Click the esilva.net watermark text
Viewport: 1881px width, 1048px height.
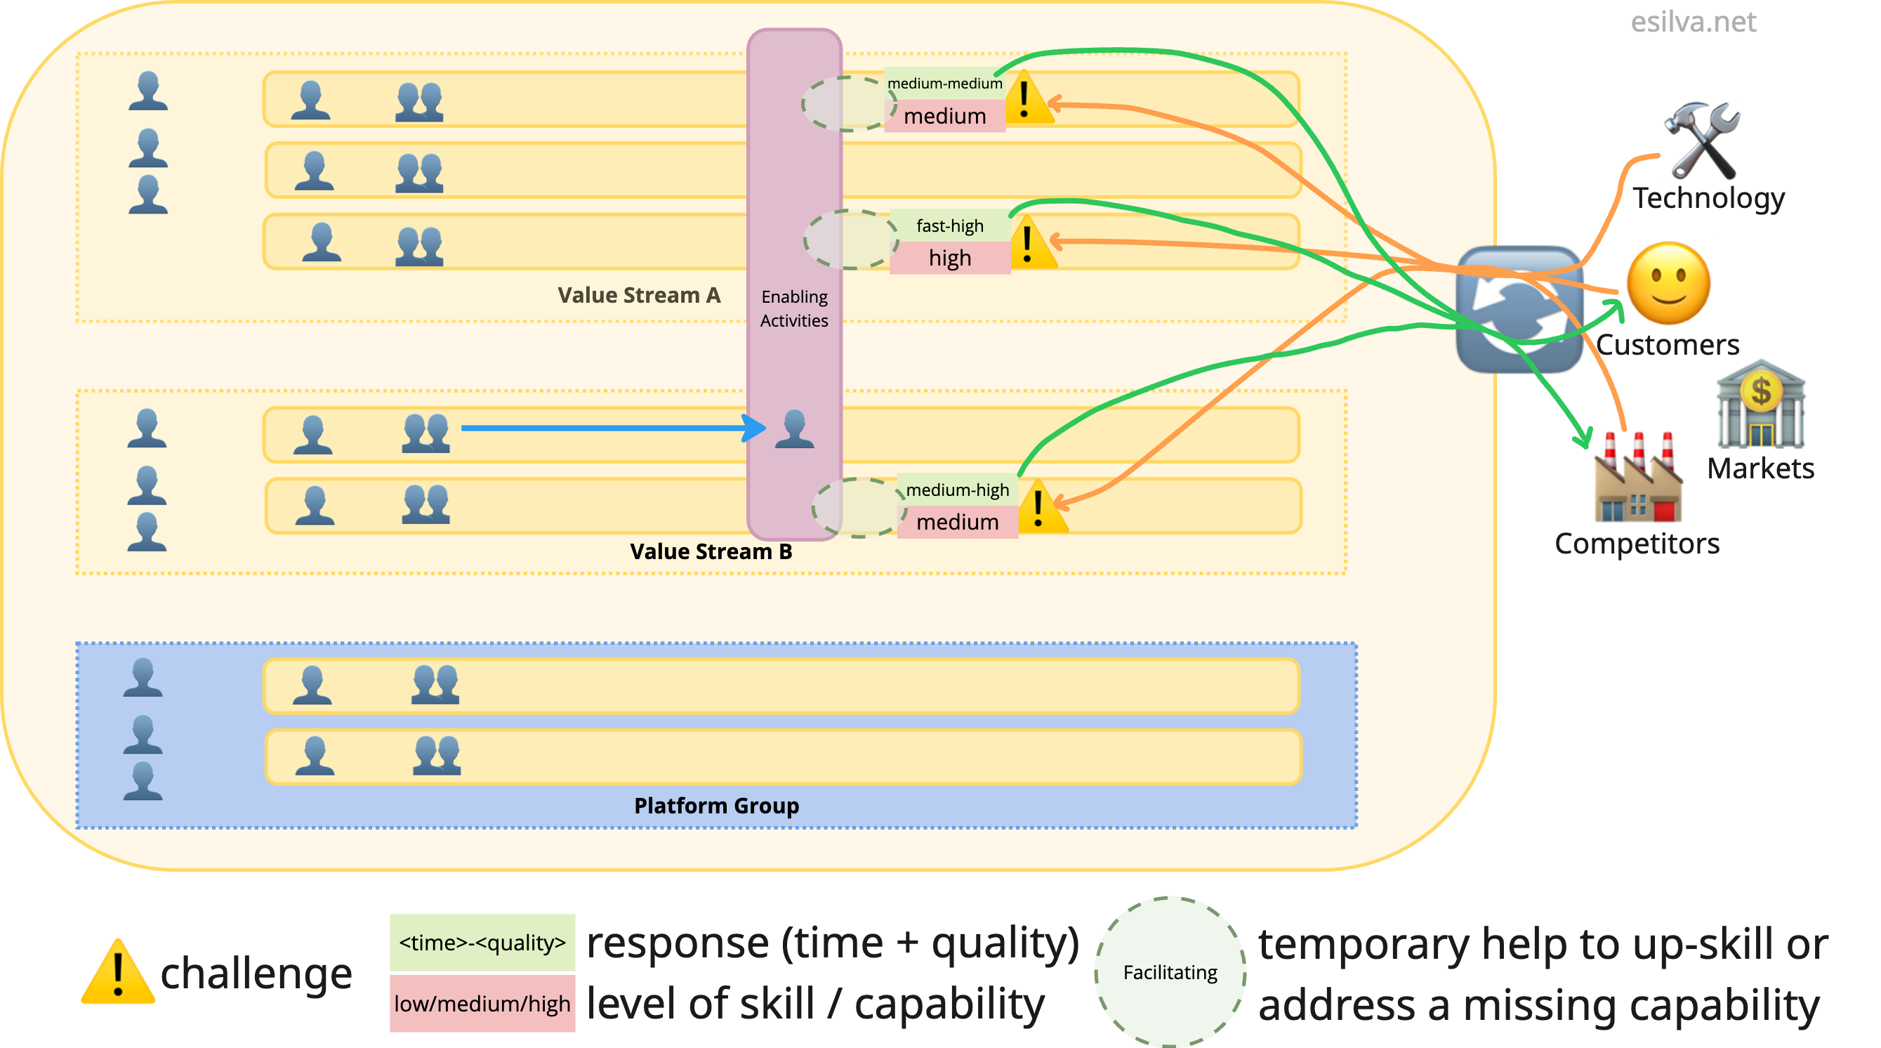pyautogui.click(x=1693, y=22)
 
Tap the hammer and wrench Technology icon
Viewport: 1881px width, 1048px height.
pyautogui.click(x=1703, y=141)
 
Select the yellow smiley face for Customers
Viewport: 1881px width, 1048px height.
pyautogui.click(x=1668, y=284)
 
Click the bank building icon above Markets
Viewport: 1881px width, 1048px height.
pyautogui.click(x=1760, y=404)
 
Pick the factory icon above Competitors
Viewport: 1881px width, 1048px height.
pyautogui.click(x=1637, y=478)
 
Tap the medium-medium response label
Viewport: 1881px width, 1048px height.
pyautogui.click(x=944, y=84)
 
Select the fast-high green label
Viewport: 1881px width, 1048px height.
pyautogui.click(x=949, y=225)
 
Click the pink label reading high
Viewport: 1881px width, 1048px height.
pyautogui.click(x=949, y=258)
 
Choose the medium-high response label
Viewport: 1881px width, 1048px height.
pyautogui.click(x=957, y=490)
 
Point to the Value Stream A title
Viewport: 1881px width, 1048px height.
pyautogui.click(x=639, y=295)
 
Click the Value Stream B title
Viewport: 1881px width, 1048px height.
pyautogui.click(x=711, y=551)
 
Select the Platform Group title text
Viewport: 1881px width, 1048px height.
pyautogui.click(x=716, y=806)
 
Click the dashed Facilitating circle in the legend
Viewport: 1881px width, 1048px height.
pyautogui.click(x=1170, y=972)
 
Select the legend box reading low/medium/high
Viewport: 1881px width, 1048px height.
pyautogui.click(x=482, y=1004)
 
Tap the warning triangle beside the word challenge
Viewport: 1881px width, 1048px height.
pyautogui.click(x=117, y=972)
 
